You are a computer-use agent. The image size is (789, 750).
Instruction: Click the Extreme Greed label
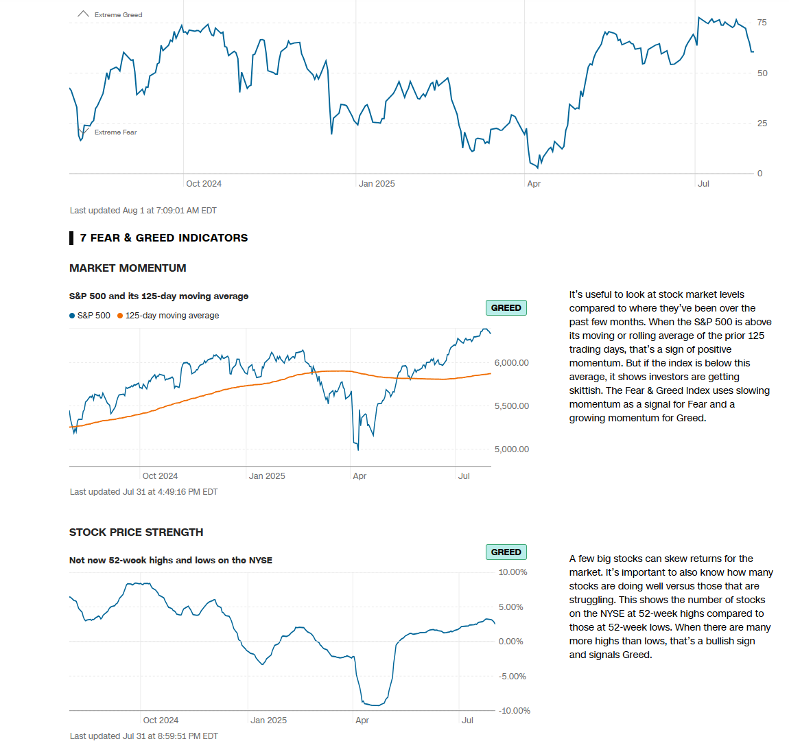pos(118,14)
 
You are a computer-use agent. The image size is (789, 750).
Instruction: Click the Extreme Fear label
pos(115,132)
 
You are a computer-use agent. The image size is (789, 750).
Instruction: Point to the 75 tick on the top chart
pos(762,23)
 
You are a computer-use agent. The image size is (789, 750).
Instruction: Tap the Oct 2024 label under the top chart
pos(204,184)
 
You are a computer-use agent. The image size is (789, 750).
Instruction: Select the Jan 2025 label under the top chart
pos(377,184)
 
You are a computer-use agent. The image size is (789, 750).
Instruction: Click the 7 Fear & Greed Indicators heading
pos(163,238)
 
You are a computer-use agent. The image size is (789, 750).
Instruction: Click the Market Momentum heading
pos(128,268)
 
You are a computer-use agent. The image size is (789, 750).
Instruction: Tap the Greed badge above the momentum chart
pos(506,308)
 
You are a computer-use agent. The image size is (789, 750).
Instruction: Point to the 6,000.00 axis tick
pos(511,363)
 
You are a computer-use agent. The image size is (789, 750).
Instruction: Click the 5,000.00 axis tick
pos(511,449)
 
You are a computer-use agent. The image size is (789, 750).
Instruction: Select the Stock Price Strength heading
pos(136,532)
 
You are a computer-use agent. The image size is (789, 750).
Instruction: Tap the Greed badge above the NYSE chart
pos(506,552)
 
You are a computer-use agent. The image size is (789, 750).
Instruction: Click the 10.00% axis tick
pos(513,572)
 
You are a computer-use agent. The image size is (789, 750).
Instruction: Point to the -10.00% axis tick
pos(514,711)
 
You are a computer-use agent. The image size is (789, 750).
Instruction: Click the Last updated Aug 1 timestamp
pos(143,211)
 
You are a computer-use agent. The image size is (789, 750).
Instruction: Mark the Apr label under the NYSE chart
pos(362,720)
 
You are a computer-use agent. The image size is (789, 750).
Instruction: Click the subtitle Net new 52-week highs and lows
pos(170,561)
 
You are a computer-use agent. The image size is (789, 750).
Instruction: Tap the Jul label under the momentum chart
pos(464,476)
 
